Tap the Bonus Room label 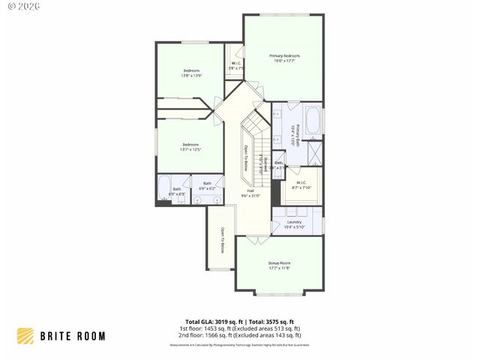pyautogui.click(x=279, y=265)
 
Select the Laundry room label pyautogui.click(x=293, y=224)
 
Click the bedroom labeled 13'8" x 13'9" pyautogui.click(x=191, y=73)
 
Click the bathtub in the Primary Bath pyautogui.click(x=313, y=122)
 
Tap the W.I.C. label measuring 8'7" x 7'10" pyautogui.click(x=301, y=184)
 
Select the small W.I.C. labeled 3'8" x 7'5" pyautogui.click(x=236, y=65)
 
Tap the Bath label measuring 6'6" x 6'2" pyautogui.click(x=207, y=186)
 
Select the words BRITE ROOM pyautogui.click(x=73, y=336)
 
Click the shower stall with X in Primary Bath pyautogui.click(x=316, y=154)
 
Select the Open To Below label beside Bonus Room pyautogui.click(x=222, y=240)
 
